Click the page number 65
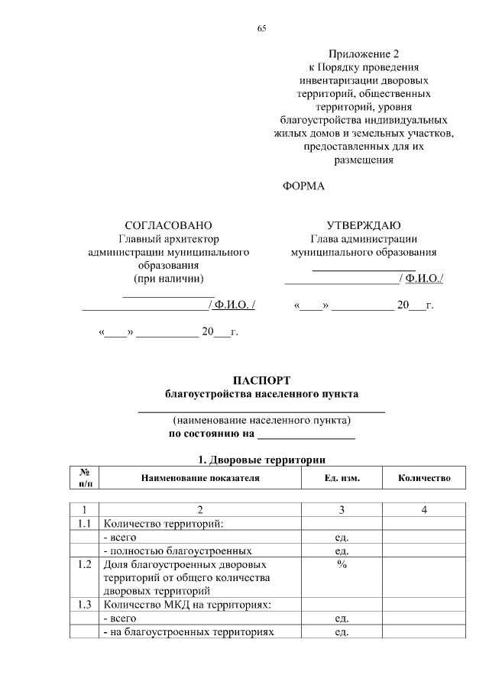[x=261, y=28]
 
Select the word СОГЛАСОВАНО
[x=168, y=225]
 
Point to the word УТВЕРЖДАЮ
[x=364, y=225]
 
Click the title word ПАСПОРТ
[x=261, y=380]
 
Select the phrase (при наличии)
[x=169, y=278]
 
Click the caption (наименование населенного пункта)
[x=261, y=420]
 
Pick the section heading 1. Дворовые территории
[x=261, y=460]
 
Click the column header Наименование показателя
[x=200, y=478]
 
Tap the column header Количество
[x=424, y=478]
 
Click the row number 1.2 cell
[x=85, y=565]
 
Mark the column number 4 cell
[x=424, y=510]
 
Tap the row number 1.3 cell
[x=85, y=605]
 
